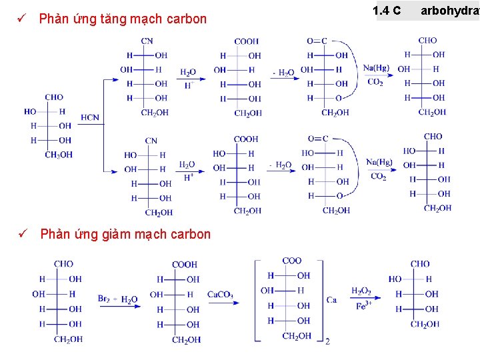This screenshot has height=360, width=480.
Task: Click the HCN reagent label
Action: pos(90,118)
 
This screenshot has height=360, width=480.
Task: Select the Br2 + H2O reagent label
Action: pos(118,299)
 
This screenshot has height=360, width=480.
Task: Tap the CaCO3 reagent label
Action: pos(220,295)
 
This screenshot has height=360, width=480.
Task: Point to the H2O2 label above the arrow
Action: pos(361,291)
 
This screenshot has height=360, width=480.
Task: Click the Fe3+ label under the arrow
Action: pos(363,307)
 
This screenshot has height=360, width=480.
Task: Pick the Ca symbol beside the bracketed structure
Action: pos(331,300)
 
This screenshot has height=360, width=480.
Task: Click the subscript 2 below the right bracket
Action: pos(327,341)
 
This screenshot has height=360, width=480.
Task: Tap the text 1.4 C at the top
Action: pos(387,11)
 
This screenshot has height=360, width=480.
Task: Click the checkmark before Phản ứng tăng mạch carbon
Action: pos(22,19)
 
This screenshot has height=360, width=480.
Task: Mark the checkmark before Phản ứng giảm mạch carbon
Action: pos(22,234)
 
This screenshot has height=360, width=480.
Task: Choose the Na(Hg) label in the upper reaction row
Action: pos(377,68)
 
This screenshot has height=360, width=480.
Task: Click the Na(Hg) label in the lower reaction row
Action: pos(379,162)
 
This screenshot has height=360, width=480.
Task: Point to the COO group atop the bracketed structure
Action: pos(292,261)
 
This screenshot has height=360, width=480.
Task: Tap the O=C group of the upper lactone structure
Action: pos(317,41)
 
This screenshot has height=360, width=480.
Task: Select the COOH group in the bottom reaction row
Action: pos(185,265)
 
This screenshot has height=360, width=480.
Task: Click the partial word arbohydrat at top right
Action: pos(449,11)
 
